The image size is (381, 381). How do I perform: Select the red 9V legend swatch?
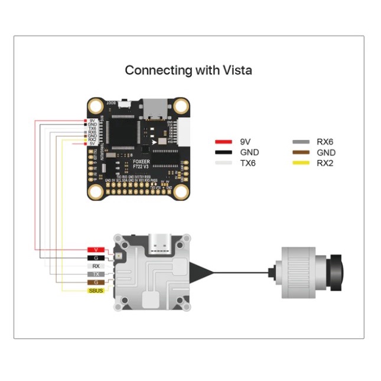pyautogui.click(x=223, y=142)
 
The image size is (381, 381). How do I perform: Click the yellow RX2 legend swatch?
pyautogui.click(x=301, y=163)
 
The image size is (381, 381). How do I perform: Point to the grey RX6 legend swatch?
pyautogui.click(x=301, y=142)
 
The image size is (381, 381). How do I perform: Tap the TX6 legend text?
pyautogui.click(x=248, y=163)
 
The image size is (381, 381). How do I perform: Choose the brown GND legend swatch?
pyautogui.click(x=301, y=152)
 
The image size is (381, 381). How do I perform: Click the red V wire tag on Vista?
pyautogui.click(x=97, y=249)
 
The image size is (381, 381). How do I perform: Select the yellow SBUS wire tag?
pyautogui.click(x=97, y=291)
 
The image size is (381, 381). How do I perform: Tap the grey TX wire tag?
pyautogui.click(x=97, y=274)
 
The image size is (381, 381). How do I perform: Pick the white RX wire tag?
pyautogui.click(x=97, y=266)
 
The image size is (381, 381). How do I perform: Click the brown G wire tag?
pyautogui.click(x=97, y=282)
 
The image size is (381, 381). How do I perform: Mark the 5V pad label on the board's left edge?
pyautogui.click(x=92, y=144)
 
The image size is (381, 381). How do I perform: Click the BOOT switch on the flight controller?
pyautogui.click(x=125, y=105)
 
